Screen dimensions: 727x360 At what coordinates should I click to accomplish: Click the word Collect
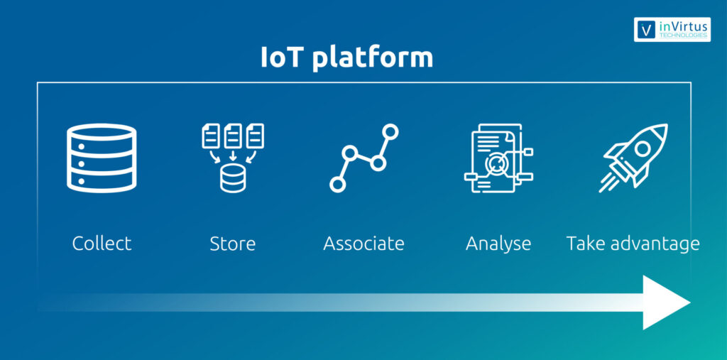(102, 244)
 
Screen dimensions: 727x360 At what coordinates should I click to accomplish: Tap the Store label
(233, 244)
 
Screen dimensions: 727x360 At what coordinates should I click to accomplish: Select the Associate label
(364, 244)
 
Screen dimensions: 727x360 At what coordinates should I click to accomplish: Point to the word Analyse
(498, 244)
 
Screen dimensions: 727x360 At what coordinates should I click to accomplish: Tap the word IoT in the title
(281, 57)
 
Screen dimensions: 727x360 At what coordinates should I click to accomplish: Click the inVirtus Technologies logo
(672, 30)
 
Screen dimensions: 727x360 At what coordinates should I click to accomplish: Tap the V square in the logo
(646, 30)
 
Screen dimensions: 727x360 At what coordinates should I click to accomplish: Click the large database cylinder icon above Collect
(102, 158)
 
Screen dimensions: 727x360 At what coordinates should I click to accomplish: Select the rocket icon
(633, 158)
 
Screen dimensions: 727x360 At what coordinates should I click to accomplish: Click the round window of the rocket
(642, 148)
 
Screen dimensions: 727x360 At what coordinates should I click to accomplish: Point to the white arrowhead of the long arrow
(666, 302)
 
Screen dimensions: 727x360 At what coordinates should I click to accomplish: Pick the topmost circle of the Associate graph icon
(390, 131)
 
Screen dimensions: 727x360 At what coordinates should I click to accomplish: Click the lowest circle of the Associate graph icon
(337, 184)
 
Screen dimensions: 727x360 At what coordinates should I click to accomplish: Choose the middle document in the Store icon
(233, 136)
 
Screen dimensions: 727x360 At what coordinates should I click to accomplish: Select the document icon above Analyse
(498, 158)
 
